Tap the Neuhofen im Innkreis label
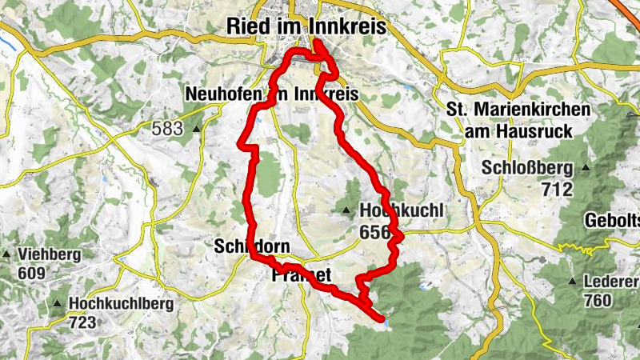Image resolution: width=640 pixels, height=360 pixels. click(270, 94)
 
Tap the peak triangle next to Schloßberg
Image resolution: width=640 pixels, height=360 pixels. click(586, 168)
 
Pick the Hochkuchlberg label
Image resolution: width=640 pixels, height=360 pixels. click(117, 305)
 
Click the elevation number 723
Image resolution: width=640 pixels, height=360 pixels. click(82, 322)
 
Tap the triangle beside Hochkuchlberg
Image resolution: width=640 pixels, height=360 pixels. click(58, 304)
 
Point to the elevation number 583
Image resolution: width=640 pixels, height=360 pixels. click(166, 128)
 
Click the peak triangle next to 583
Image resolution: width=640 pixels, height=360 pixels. click(195, 128)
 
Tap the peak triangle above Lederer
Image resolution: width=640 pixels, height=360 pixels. click(572, 282)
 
